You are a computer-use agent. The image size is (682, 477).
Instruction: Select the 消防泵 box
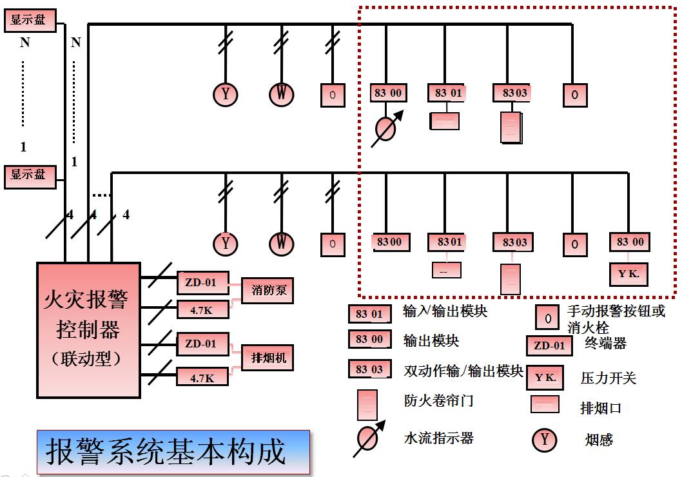tap(267, 291)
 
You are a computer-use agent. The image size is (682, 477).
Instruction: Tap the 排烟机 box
tap(267, 357)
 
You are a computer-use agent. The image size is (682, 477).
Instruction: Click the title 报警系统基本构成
tap(166, 452)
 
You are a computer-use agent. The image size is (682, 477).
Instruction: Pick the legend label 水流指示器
tap(438, 438)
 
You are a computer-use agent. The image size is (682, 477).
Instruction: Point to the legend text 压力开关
tap(608, 378)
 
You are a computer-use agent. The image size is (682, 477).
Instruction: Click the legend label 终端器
tap(605, 343)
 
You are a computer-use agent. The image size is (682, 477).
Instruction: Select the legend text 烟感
tap(599, 440)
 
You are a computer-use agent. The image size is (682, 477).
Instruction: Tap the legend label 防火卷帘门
tap(438, 400)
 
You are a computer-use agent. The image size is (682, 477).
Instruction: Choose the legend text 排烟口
tap(600, 409)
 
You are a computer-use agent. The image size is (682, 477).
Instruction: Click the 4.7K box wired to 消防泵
tap(202, 310)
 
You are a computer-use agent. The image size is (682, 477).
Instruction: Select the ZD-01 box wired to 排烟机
tap(202, 344)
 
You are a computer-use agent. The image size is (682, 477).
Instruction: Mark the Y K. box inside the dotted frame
tap(629, 274)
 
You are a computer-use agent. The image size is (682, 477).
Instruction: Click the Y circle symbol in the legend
tap(544, 440)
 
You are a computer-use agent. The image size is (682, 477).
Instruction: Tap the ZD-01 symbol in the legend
tap(549, 346)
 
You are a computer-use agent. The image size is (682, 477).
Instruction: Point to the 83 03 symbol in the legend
tap(369, 369)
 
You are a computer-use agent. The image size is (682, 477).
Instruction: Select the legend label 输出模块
tap(431, 340)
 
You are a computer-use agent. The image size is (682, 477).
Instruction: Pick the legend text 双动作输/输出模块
tap(463, 371)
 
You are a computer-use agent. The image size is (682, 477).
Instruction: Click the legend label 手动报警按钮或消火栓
tap(616, 319)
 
